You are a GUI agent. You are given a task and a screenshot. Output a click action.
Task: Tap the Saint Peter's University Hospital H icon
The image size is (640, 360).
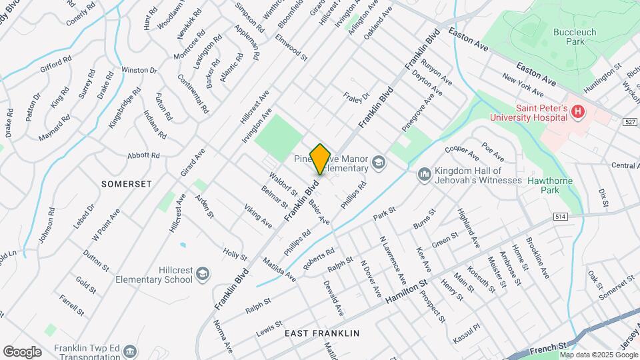tap(578, 113)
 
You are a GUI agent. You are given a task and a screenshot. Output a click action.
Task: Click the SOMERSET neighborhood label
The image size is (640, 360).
tap(127, 183)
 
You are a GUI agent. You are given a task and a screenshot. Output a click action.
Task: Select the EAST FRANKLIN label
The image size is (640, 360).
tap(322, 333)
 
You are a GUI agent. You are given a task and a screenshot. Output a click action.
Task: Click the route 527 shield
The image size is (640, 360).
tap(631, 123)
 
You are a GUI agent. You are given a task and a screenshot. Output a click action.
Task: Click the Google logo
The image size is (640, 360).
tap(22, 351)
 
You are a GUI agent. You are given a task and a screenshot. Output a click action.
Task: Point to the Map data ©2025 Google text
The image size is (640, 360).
tap(600, 354)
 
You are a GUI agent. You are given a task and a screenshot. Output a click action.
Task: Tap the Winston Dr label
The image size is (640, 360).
tap(139, 70)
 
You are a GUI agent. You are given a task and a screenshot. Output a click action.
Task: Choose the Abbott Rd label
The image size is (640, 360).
tap(143, 155)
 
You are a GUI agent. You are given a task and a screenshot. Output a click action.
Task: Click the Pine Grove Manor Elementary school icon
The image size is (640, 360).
tap(379, 161)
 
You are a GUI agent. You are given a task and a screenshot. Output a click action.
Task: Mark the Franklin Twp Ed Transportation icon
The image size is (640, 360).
tap(131, 351)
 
